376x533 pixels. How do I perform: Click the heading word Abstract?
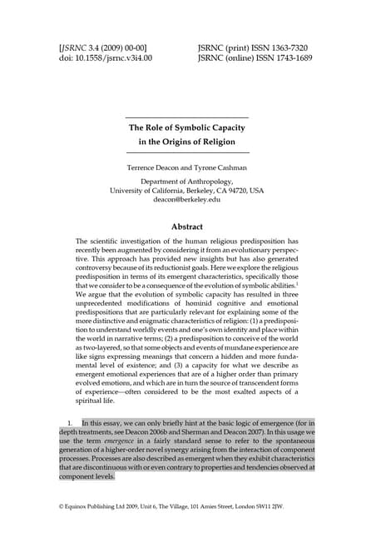(187, 226)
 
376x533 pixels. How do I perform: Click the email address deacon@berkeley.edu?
(187, 200)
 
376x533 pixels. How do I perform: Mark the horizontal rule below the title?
(187, 154)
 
